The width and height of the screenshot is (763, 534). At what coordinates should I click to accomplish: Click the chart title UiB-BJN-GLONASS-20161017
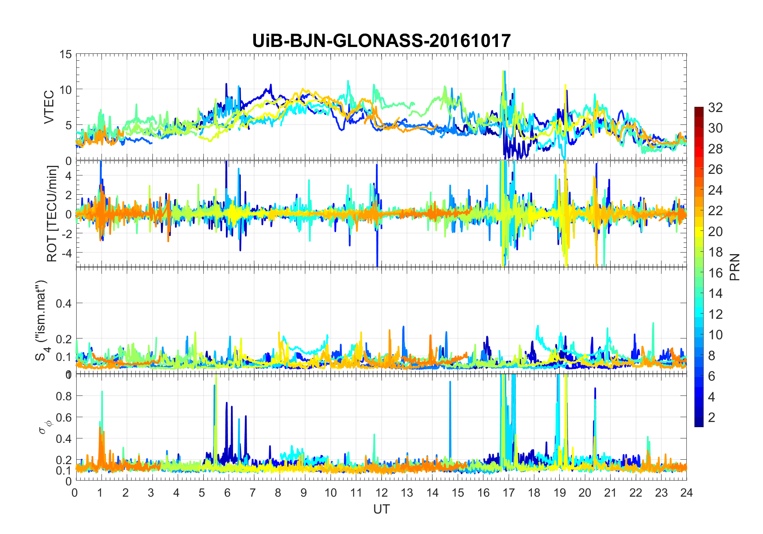[381, 41]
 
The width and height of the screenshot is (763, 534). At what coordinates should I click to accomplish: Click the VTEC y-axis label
[49, 107]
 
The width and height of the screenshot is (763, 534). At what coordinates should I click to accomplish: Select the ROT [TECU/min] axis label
[52, 214]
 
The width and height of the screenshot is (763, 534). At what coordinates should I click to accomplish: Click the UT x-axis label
[381, 510]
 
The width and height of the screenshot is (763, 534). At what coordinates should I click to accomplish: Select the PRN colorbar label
[735, 267]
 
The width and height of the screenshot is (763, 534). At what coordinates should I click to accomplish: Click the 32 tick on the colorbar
[715, 107]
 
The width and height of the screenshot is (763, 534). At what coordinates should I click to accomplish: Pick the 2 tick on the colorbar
[712, 417]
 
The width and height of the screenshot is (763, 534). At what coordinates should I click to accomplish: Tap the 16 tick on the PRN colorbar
[715, 273]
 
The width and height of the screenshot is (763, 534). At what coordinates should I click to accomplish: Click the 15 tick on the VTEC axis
[66, 54]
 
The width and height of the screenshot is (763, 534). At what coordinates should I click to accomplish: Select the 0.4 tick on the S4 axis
[63, 303]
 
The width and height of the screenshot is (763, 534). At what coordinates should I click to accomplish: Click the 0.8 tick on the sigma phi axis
[63, 396]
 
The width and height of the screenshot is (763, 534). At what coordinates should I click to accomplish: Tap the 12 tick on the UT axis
[381, 493]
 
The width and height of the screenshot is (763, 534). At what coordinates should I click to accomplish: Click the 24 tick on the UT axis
[686, 493]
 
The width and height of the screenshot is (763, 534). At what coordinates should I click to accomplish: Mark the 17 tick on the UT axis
[509, 493]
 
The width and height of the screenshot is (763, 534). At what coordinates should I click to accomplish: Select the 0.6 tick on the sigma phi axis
[63, 417]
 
